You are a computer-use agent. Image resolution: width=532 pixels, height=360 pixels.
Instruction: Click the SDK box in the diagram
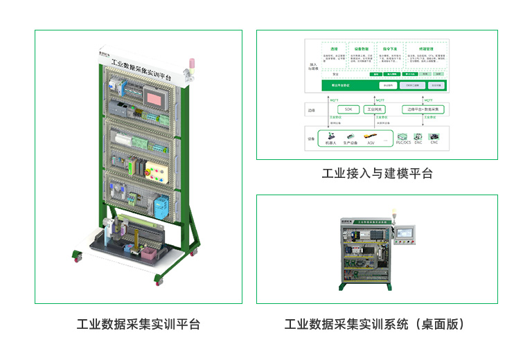pos(348,109)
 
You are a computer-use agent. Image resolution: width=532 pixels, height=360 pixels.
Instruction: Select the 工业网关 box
pos(373,109)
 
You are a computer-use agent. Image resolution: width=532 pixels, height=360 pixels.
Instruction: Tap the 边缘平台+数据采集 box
pos(424,109)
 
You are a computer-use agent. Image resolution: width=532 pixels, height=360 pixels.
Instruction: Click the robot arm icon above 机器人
pos(330,136)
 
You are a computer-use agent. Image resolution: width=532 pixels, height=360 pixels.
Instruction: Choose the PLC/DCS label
pos(403,143)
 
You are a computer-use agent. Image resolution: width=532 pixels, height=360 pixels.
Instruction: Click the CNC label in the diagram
pos(435,143)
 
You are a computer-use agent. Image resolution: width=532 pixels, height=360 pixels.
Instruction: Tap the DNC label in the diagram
pos(418,143)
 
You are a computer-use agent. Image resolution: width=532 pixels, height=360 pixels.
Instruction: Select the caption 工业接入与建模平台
pos(377,173)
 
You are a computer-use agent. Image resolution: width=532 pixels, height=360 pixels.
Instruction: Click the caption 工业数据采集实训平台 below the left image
pos(138,324)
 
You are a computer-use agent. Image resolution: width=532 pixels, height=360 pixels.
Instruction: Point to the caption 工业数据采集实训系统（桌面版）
pos(376,324)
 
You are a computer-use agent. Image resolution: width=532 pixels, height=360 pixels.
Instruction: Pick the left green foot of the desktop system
pos(342,287)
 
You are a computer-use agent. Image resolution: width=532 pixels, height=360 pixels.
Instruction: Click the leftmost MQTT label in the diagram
pos(333,100)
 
